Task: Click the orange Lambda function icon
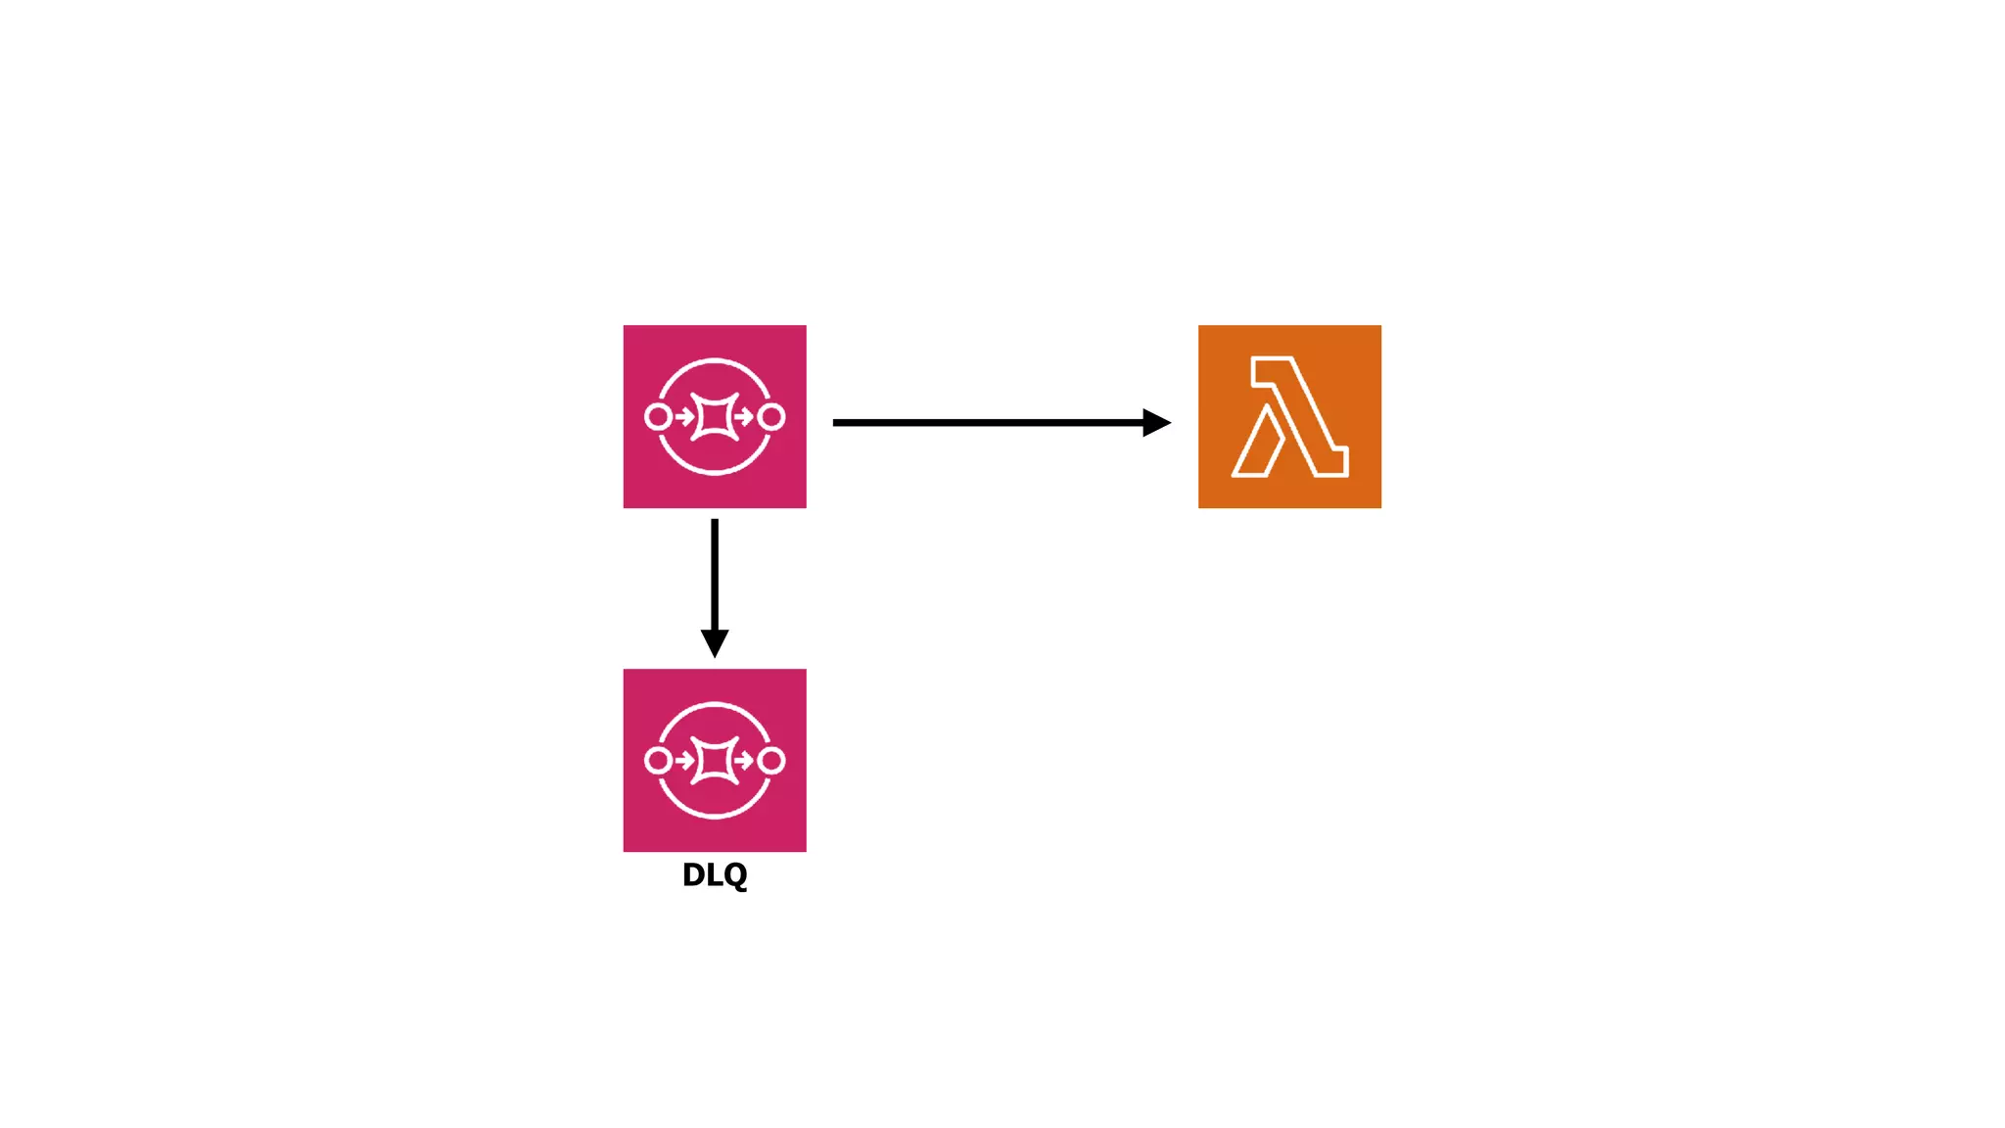(1289, 416)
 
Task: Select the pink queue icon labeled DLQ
(715, 760)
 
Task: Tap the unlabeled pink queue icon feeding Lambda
(715, 416)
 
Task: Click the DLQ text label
(715, 874)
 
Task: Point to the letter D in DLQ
(693, 874)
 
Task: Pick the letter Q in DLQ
(735, 875)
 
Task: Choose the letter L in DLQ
(714, 874)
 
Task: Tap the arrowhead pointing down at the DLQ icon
(715, 642)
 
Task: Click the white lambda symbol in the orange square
(1289, 417)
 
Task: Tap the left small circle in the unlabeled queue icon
(658, 417)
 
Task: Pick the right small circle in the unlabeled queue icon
(771, 417)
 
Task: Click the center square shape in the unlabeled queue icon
(715, 417)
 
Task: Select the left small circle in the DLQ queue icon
(658, 761)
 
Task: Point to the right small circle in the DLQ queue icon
(771, 761)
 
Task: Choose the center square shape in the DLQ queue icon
(715, 761)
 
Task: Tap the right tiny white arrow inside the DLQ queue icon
(744, 761)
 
